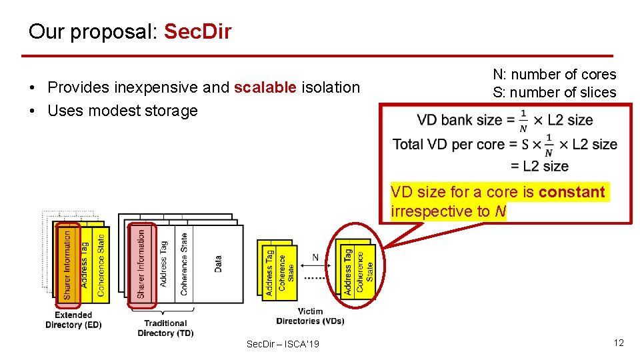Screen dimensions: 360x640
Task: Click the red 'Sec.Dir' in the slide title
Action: [197, 31]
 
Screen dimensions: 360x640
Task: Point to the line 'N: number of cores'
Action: [554, 75]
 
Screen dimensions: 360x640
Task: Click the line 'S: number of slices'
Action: [554, 93]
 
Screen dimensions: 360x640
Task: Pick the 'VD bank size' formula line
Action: [504, 121]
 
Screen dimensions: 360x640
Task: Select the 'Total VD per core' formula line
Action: [504, 144]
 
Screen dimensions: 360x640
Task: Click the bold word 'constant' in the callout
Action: [571, 193]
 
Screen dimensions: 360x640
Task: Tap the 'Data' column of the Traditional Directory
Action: [218, 263]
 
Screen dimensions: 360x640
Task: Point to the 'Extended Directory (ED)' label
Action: [73, 320]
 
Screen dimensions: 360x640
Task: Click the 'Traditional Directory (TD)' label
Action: [165, 328]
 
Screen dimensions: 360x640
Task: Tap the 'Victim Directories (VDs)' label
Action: [310, 316]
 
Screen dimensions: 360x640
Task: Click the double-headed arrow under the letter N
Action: [315, 267]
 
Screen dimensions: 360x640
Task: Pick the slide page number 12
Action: [619, 343]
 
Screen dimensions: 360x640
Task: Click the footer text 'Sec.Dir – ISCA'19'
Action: [283, 344]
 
